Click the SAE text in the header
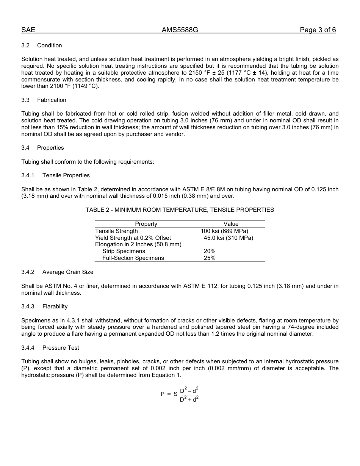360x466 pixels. tap(28, 30)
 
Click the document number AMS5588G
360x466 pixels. tap(180, 30)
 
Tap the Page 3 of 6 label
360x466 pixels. tap(318, 30)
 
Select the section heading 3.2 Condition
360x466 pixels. tap(42, 45)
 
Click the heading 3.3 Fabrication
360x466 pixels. tap(44, 100)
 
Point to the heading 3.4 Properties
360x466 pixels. tap(43, 148)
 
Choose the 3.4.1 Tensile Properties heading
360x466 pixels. tap(56, 175)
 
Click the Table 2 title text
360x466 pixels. tap(180, 210)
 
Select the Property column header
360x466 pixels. tap(146, 224)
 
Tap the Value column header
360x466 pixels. tap(231, 224)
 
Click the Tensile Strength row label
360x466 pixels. tap(116, 231)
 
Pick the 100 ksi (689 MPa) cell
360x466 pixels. tap(224, 231)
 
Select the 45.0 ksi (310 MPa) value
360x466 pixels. tap(228, 238)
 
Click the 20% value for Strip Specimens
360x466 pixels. tap(210, 251)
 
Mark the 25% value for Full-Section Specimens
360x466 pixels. tap(210, 258)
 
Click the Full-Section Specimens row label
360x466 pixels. tap(133, 258)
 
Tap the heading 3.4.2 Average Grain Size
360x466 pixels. tap(57, 272)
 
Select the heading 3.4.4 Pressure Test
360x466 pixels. tap(50, 348)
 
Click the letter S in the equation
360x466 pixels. tap(175, 394)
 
